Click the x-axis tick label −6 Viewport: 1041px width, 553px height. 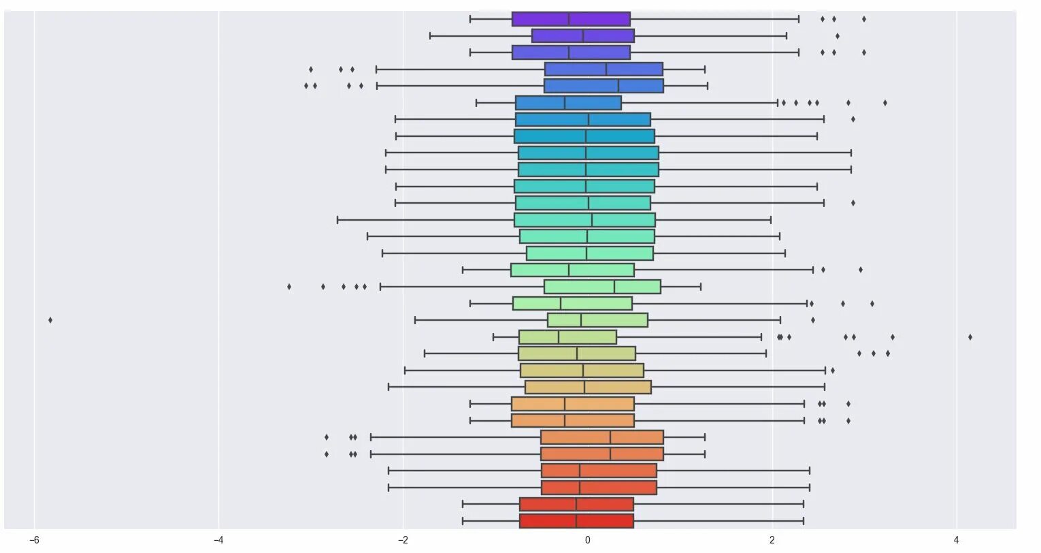pos(34,540)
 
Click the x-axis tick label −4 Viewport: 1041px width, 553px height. pos(218,540)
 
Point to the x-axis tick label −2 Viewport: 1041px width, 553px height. pos(403,540)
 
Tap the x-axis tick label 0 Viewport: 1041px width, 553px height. pos(587,540)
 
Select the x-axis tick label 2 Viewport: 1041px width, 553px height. pos(772,540)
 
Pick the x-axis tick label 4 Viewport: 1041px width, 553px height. pos(957,540)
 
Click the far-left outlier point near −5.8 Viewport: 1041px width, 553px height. pos(50,319)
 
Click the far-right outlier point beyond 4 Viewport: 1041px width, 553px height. pos(970,336)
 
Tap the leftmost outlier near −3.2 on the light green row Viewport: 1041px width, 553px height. pos(289,286)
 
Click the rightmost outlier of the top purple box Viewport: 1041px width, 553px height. pos(864,19)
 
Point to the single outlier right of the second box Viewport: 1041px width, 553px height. pos(838,36)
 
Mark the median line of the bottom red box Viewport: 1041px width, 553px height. pos(576,521)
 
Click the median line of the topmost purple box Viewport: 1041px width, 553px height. pos(569,19)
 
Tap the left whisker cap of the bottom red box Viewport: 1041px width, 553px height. pos(463,521)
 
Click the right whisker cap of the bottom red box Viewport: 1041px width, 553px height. pos(804,521)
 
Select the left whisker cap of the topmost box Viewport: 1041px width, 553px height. pos(470,19)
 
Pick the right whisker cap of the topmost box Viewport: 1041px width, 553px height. pos(799,19)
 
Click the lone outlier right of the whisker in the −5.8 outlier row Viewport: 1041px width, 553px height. pos(812,319)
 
